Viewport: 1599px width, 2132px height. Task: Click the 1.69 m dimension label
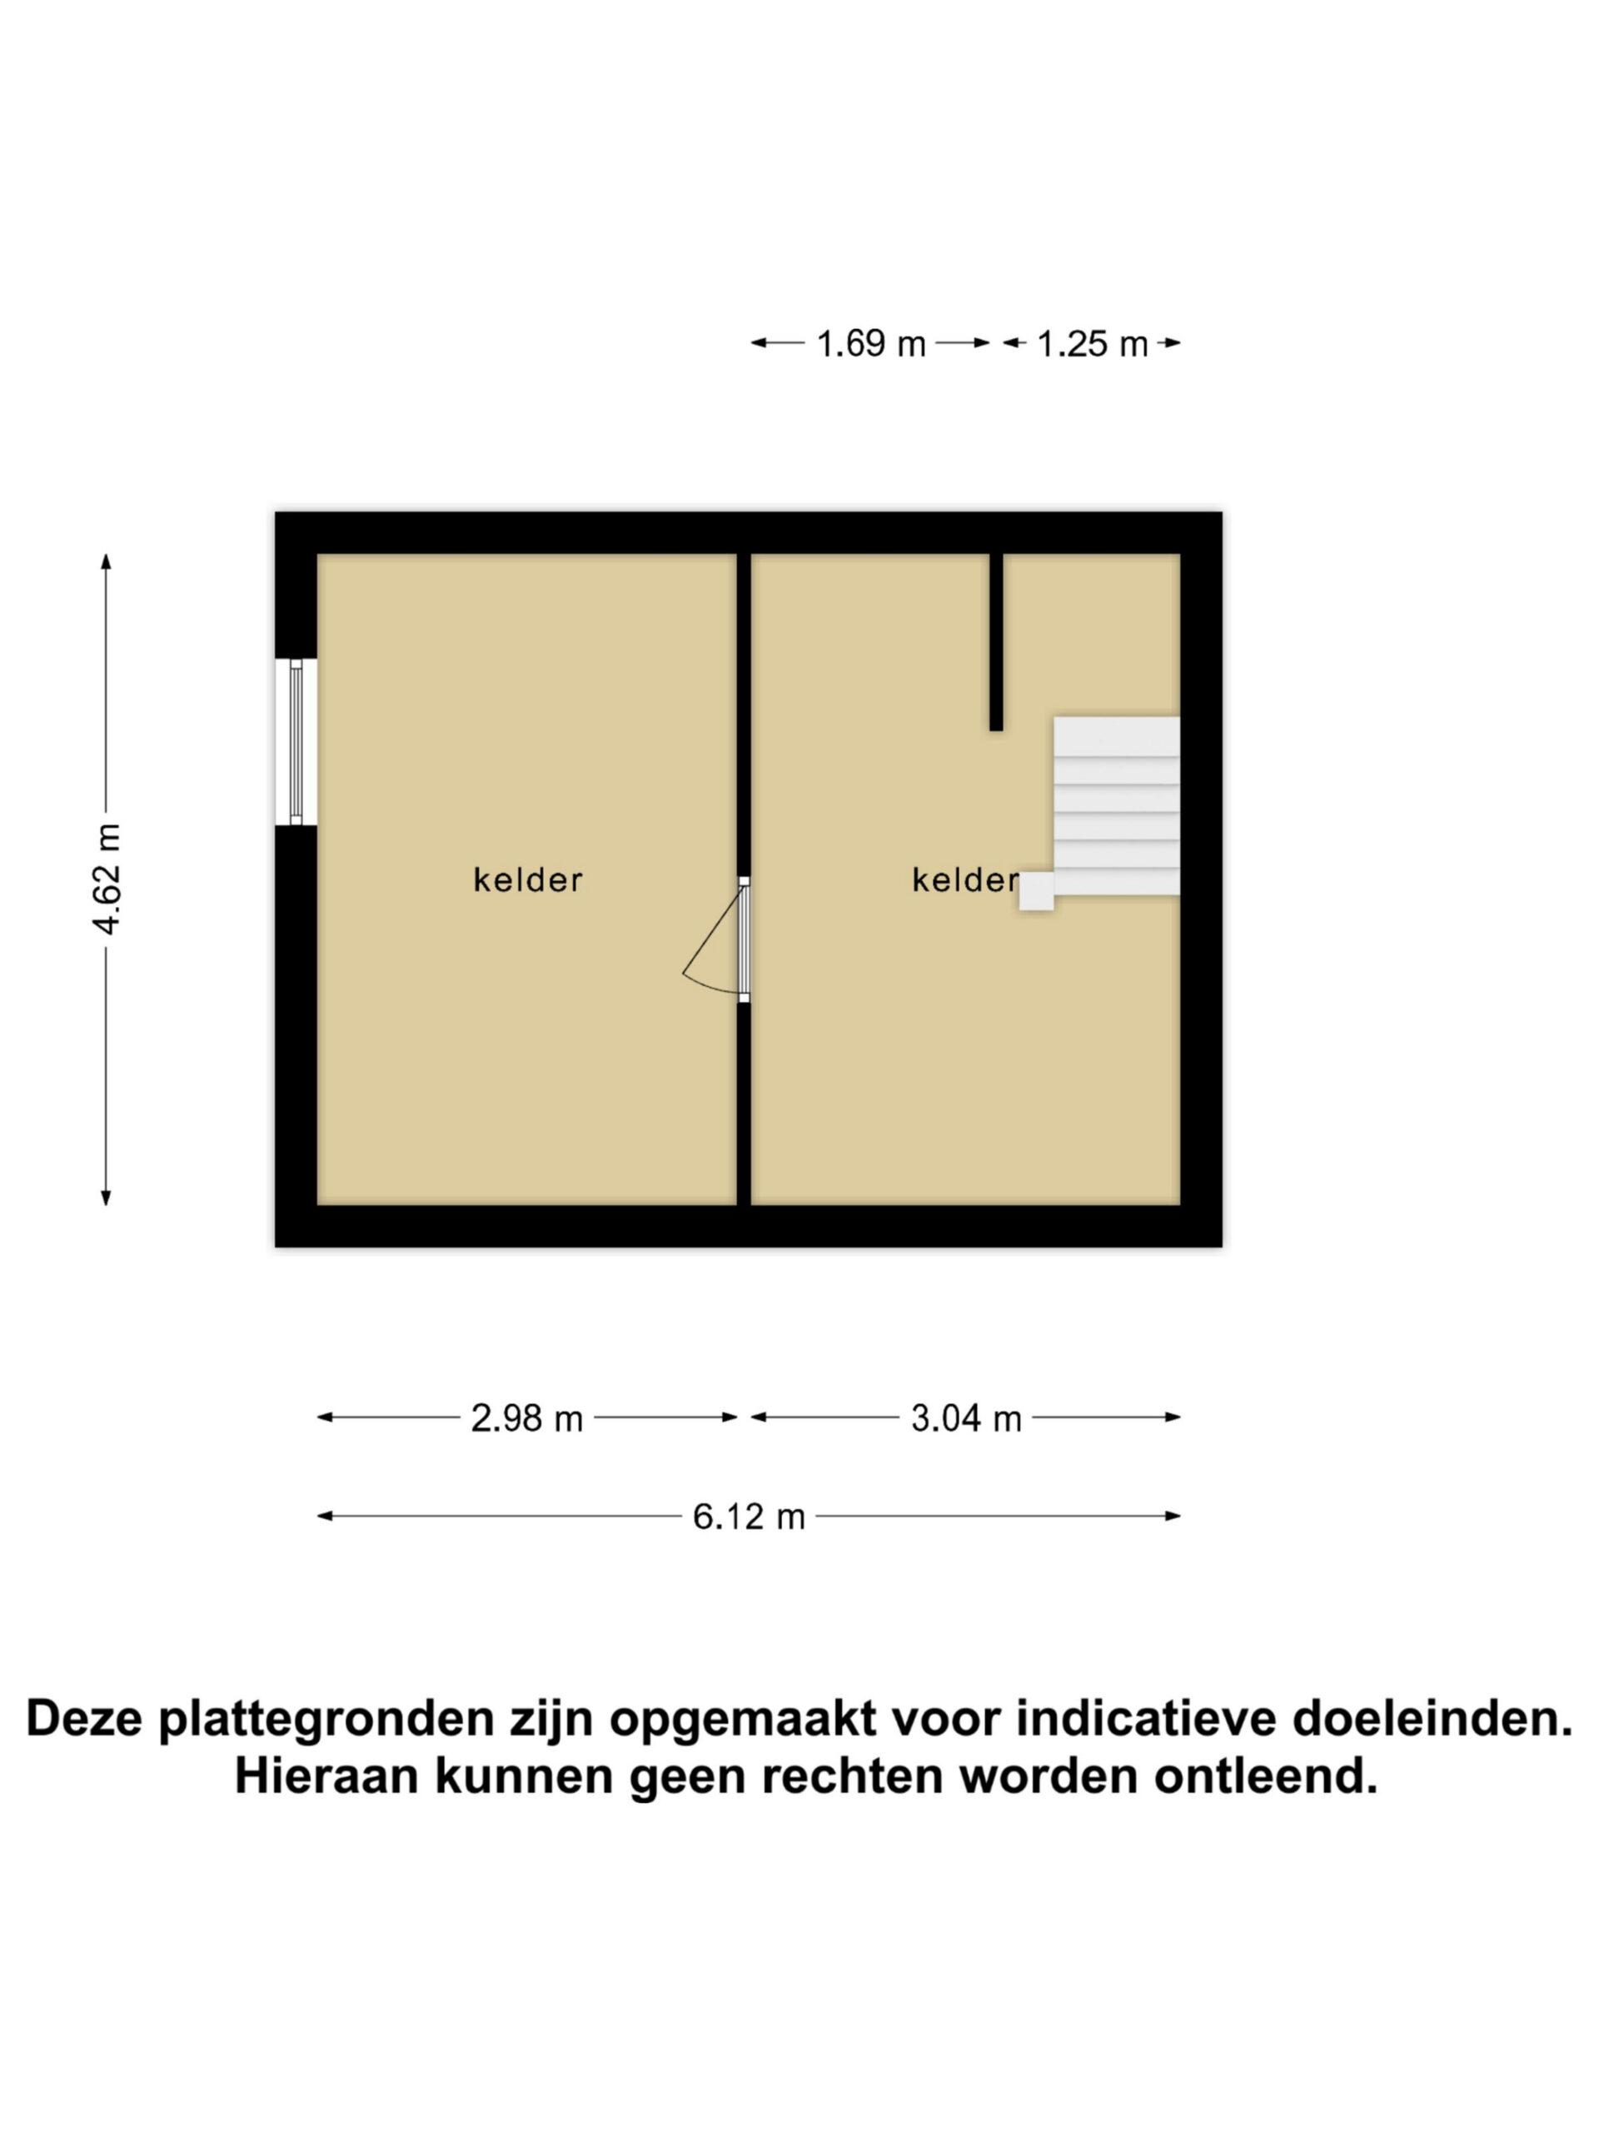(x=870, y=344)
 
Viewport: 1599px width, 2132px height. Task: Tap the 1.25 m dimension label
(x=1092, y=344)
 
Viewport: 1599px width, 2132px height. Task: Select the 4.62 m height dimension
(x=106, y=879)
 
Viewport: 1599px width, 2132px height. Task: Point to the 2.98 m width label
(x=526, y=1417)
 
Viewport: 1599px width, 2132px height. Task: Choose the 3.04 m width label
(x=966, y=1417)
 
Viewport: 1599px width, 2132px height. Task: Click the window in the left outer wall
(x=296, y=741)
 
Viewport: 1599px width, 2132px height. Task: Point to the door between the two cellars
(x=743, y=939)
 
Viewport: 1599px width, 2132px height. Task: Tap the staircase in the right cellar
(x=1116, y=806)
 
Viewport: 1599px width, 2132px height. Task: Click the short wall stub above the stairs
(x=996, y=642)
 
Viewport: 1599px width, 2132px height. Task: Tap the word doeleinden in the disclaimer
(x=1433, y=1719)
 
